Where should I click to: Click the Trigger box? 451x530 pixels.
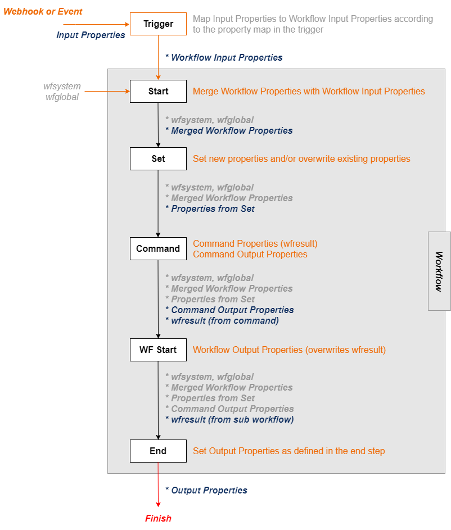pos(158,24)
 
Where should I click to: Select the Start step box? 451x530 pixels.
pos(158,91)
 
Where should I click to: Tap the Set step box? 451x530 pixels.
pos(158,158)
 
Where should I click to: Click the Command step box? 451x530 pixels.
pos(158,248)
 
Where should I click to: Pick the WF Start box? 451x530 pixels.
pos(158,350)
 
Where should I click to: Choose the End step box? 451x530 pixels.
pos(158,451)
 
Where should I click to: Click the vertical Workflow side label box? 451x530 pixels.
pos(439,271)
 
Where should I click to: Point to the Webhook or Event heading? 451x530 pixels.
pos(43,11)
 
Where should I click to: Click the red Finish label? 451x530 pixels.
pos(158,518)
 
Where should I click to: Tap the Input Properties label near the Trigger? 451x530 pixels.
pos(91,35)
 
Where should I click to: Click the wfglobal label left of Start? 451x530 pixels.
pos(62,97)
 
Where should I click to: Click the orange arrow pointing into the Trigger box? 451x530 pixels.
pos(96,24)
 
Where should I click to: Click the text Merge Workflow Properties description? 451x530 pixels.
pos(309,91)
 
